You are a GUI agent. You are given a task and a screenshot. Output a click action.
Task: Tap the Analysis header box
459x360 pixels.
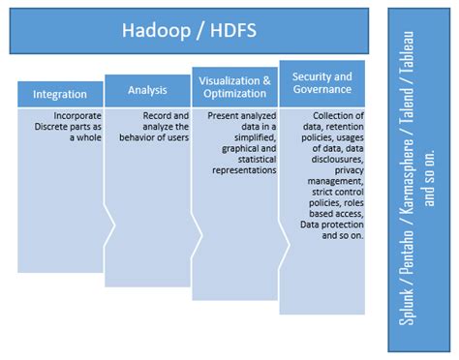tap(147, 90)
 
